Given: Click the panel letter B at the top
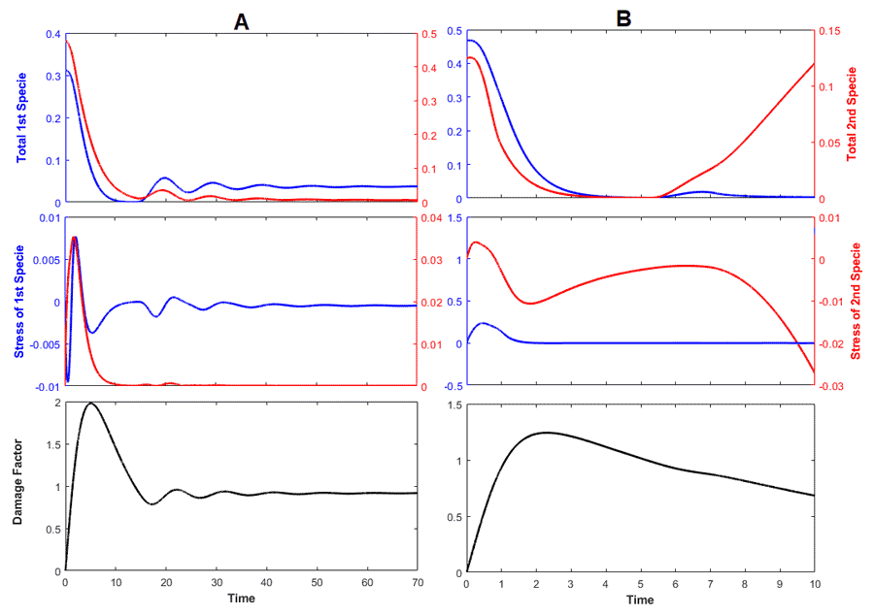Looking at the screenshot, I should (624, 18).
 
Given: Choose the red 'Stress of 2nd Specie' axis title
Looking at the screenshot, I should (856, 302).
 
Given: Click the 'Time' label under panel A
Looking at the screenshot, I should (241, 599).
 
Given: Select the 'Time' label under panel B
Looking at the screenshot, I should (640, 600).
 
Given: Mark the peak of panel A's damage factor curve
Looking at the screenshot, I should (91, 403).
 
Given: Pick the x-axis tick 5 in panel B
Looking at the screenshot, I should (640, 585).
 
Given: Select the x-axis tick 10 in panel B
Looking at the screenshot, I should (814, 585).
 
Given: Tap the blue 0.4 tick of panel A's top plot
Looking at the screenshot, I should (51, 34).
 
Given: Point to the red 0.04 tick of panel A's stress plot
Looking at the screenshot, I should (431, 218).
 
